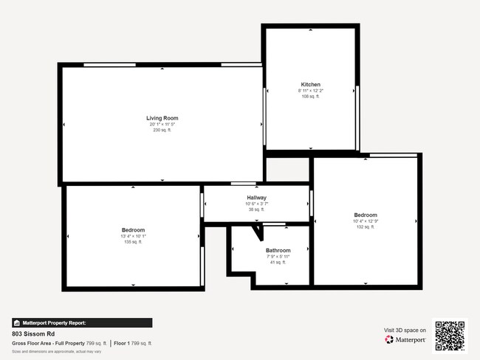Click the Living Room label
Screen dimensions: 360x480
click(162, 118)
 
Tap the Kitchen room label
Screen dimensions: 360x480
click(310, 84)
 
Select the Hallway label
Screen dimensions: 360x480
click(257, 198)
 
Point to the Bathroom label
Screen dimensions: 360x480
click(278, 250)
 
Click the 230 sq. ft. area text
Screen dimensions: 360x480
click(162, 131)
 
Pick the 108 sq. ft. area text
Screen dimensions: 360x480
click(310, 97)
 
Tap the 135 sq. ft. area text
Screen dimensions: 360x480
click(133, 242)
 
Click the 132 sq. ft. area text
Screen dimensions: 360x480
click(366, 227)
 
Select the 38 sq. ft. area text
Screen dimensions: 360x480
click(257, 210)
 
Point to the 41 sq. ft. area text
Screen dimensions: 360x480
click(278, 262)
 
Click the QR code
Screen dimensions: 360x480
click(450, 335)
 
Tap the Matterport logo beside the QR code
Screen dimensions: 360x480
click(405, 340)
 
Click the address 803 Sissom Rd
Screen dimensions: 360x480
click(34, 333)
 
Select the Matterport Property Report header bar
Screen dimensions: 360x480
click(82, 322)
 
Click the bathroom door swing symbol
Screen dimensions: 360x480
click(258, 232)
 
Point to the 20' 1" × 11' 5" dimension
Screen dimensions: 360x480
click(162, 125)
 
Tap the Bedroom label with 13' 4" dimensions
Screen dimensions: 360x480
click(133, 230)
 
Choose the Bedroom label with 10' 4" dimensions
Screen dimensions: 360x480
click(366, 215)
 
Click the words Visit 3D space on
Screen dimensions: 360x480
click(405, 330)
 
